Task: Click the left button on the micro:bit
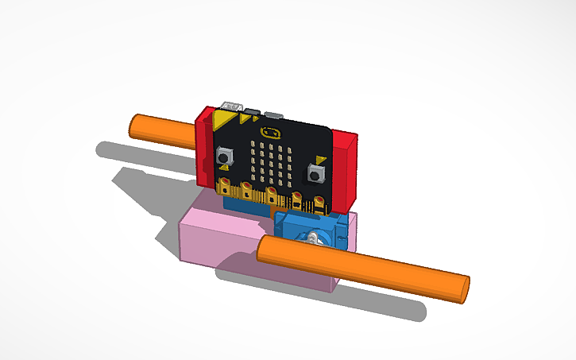(224, 157)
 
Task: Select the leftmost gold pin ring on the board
(227, 188)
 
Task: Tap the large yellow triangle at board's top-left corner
(224, 122)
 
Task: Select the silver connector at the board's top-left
(233, 104)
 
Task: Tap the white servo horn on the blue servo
(315, 238)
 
